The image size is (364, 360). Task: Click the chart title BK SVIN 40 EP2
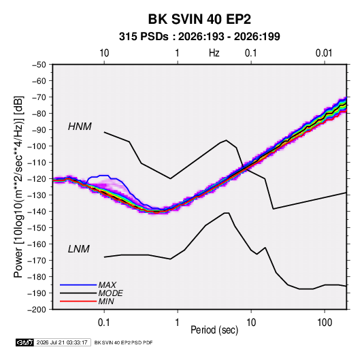tap(199, 19)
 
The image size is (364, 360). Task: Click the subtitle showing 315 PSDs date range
tap(199, 37)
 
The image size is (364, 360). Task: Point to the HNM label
tap(80, 127)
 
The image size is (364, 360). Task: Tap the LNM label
tap(79, 249)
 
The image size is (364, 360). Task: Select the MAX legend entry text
tap(107, 284)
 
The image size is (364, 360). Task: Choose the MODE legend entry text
tap(110, 293)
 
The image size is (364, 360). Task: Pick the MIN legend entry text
tap(106, 301)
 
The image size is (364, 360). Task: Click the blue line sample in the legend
tap(78, 284)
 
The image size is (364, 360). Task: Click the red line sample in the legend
tap(78, 301)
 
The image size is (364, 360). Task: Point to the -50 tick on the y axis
tap(39, 65)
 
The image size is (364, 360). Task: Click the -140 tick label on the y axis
tap(37, 212)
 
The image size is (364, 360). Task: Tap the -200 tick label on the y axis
tap(37, 310)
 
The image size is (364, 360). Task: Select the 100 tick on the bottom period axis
tap(325, 323)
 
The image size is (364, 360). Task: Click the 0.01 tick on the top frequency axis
tap(324, 53)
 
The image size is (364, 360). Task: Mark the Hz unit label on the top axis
tap(214, 53)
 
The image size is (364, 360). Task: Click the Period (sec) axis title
tap(214, 330)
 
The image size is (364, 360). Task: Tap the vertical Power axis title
tap(18, 187)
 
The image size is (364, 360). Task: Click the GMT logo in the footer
tap(25, 342)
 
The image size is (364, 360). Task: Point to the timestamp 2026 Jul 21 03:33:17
tap(62, 342)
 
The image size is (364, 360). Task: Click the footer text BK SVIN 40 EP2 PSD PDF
tap(123, 342)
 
